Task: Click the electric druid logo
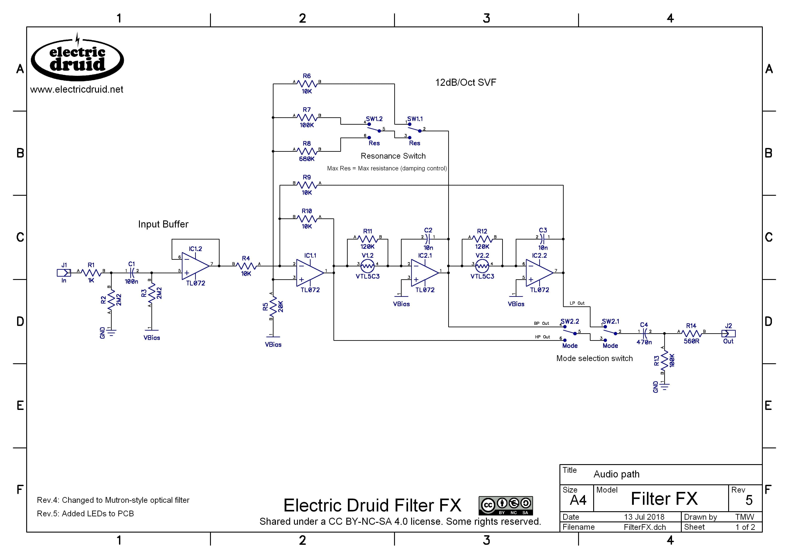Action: pyautogui.click(x=77, y=58)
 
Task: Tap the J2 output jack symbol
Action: pyautogui.click(x=728, y=333)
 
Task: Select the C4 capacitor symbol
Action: pyautogui.click(x=644, y=333)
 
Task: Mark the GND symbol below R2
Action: pyautogui.click(x=111, y=332)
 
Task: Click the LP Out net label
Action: pyautogui.click(x=577, y=303)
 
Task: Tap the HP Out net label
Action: pyautogui.click(x=542, y=337)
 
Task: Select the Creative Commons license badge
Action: pyautogui.click(x=506, y=505)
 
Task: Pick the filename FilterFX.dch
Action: pyautogui.click(x=644, y=527)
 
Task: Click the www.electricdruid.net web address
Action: pyautogui.click(x=77, y=90)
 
